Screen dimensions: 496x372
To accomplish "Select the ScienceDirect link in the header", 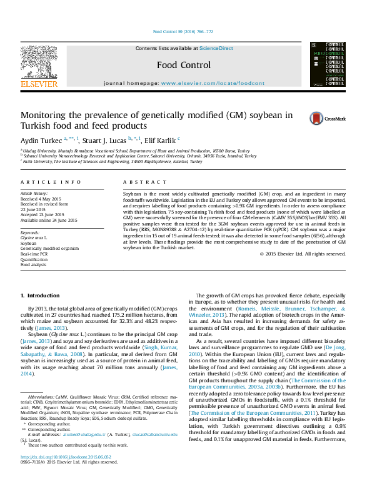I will pos(216,48).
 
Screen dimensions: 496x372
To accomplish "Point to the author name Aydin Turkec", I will pos(40,141).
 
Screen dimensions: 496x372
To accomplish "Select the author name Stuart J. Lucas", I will pos(104,141).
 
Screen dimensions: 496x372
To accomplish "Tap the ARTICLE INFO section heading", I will pos(51,182).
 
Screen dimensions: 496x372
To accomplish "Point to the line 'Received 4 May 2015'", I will pos(42,199).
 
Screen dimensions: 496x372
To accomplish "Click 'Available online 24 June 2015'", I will pos(49,220).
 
